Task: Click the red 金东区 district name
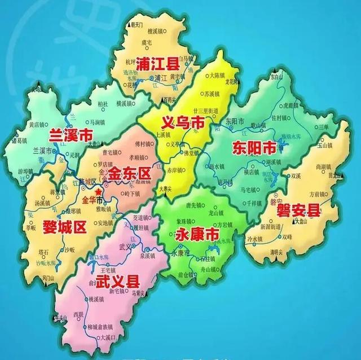point(130,173)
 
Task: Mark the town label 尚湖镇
point(324,166)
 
